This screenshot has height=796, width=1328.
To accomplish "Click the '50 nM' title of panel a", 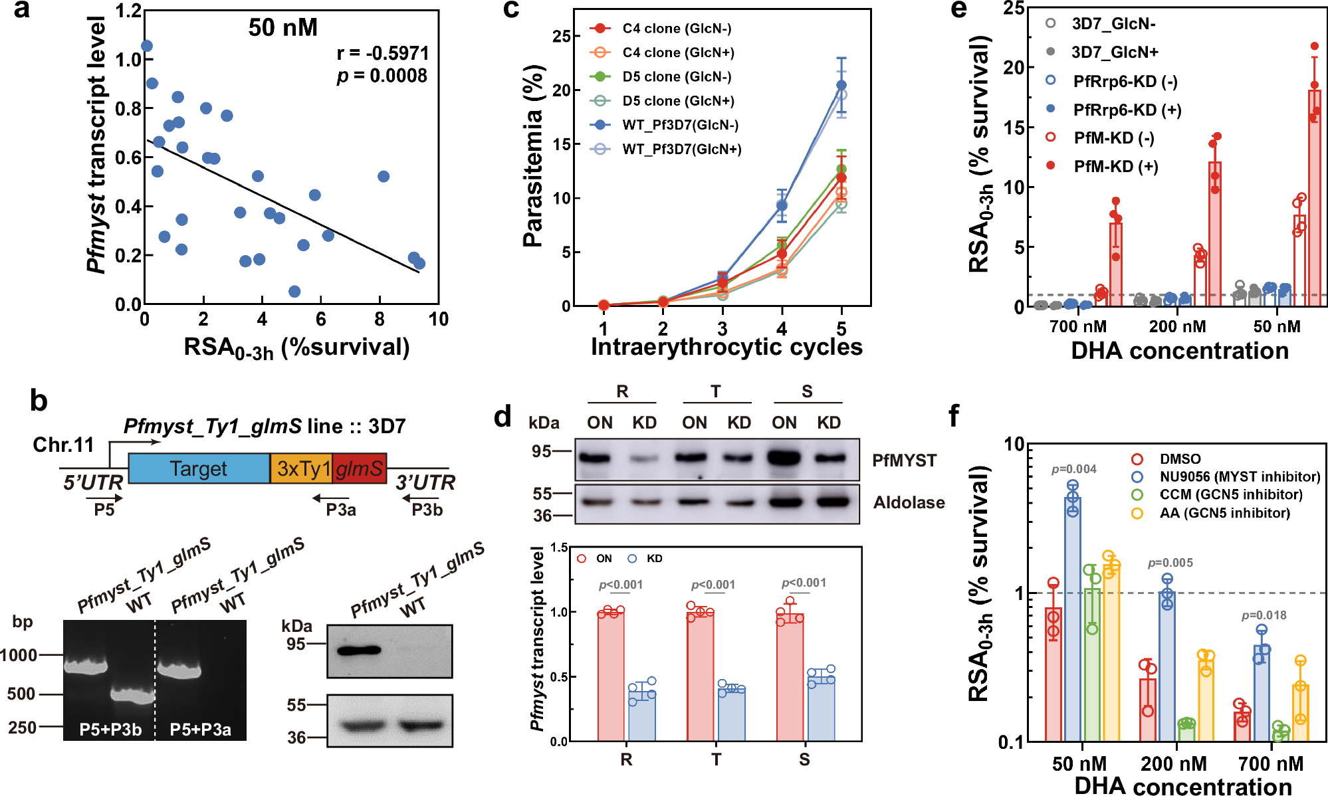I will tap(282, 28).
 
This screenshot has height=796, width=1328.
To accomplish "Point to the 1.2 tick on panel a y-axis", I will tap(129, 11).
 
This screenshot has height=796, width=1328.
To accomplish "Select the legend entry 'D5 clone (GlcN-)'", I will tap(677, 77).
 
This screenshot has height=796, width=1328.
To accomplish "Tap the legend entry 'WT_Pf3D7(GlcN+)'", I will tap(681, 149).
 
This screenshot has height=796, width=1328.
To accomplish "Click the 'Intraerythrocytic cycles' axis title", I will tap(726, 347).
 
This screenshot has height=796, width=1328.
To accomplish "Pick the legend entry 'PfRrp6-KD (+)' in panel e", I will tap(1127, 110).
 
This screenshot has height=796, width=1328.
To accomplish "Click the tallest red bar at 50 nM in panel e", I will tap(1314, 199).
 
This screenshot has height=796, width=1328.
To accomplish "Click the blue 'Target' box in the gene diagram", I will tap(199, 468).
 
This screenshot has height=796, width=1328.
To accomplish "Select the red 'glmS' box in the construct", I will tap(360, 468).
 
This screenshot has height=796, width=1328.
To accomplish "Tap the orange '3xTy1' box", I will tap(301, 468).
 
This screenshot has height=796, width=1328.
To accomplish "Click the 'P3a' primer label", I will tap(341, 510).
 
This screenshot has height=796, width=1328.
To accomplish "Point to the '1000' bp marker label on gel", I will tap(19, 656).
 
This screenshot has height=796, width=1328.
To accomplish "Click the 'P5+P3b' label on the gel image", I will tap(110, 730).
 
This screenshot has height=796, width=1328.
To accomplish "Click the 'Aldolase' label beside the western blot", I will tap(909, 503).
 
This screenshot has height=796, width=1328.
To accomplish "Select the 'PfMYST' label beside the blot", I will tap(904, 460).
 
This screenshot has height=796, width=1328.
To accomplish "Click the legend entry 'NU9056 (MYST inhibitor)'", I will tap(1240, 477).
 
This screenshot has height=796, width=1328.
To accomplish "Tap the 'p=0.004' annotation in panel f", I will tap(1073, 470).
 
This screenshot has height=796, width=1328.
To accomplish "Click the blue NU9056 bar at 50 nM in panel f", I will tap(1072, 618).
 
